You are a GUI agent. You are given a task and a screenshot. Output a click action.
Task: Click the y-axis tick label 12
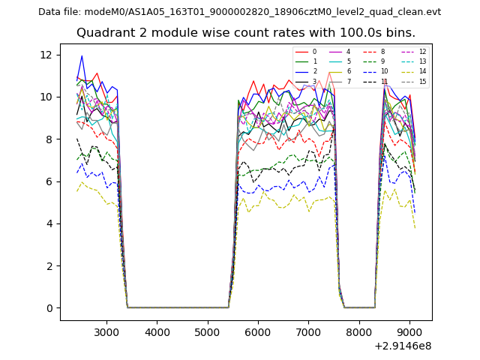45,55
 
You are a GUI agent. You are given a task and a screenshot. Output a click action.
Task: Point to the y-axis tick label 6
48,181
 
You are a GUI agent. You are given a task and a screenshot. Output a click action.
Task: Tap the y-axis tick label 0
48,308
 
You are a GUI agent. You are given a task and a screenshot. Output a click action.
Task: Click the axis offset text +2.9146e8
402,346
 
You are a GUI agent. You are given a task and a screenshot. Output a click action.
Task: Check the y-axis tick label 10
45,97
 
